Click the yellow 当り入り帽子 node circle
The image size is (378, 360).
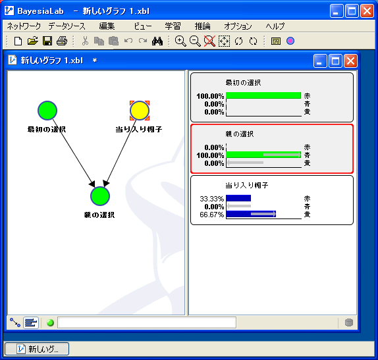tap(140, 111)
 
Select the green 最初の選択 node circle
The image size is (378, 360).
tap(47, 111)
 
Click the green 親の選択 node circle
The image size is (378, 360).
tap(100, 196)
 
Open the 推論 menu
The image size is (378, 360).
tap(203, 26)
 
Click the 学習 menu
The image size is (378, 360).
tap(173, 26)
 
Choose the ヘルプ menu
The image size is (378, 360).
tap(275, 26)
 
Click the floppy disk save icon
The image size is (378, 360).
tap(47, 41)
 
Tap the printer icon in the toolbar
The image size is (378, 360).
tap(62, 41)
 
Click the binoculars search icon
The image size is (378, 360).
tap(157, 41)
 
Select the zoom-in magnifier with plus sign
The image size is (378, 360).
tap(180, 41)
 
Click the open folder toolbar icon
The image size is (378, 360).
tap(32, 41)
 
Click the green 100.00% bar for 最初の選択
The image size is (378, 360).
tap(263, 95)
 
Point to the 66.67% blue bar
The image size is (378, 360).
tap(251, 214)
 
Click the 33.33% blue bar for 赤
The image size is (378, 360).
tap(238, 198)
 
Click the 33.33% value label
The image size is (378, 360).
tap(211, 199)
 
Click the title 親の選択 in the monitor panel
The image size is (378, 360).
tap(240, 134)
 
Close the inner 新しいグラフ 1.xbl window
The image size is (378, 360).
tap(350, 61)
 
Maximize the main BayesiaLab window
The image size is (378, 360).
tap(352, 11)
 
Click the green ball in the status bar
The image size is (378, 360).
tap(50, 322)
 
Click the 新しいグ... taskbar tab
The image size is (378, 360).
tap(37, 349)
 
